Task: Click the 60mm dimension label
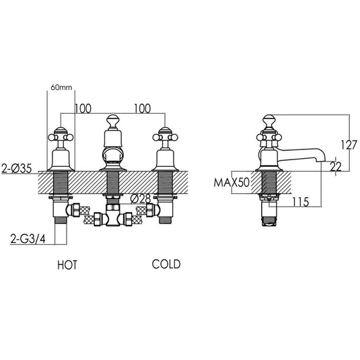coord(61,87)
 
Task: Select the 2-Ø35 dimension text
coord(17,169)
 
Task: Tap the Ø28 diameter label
coord(140,199)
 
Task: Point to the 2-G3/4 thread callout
coord(28,240)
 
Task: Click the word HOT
coord(67,264)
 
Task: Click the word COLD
coord(166,264)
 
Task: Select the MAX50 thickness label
coord(231,183)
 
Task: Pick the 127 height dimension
coord(349,145)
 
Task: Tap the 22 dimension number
coord(336,167)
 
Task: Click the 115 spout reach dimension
coord(301,202)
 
